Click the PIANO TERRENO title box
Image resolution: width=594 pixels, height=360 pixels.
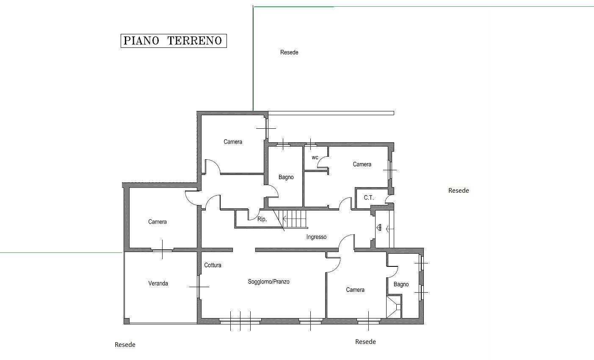click(x=174, y=41)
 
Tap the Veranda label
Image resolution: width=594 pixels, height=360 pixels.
click(x=158, y=283)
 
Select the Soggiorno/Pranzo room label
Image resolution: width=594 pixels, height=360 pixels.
click(x=268, y=282)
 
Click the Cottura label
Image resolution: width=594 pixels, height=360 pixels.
click(x=213, y=265)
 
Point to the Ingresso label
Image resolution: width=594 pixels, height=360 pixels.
click(x=316, y=237)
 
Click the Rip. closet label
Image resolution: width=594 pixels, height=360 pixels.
click(x=262, y=219)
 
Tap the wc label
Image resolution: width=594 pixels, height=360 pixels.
click(x=315, y=158)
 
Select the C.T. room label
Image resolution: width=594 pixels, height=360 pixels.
click(x=368, y=198)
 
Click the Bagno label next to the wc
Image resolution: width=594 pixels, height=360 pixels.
click(x=286, y=177)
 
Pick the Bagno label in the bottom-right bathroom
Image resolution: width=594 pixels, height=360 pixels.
click(x=401, y=284)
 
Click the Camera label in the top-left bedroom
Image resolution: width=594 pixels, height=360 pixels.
click(x=233, y=142)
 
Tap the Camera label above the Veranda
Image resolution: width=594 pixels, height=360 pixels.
click(x=157, y=222)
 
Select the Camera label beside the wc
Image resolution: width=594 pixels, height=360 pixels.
click(x=362, y=164)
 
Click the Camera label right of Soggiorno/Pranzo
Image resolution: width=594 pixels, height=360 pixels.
click(x=355, y=290)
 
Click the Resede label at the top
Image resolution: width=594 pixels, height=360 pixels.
click(x=289, y=53)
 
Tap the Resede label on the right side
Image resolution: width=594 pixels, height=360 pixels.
click(x=459, y=191)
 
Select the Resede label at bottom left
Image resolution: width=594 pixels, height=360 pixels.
click(x=125, y=345)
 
